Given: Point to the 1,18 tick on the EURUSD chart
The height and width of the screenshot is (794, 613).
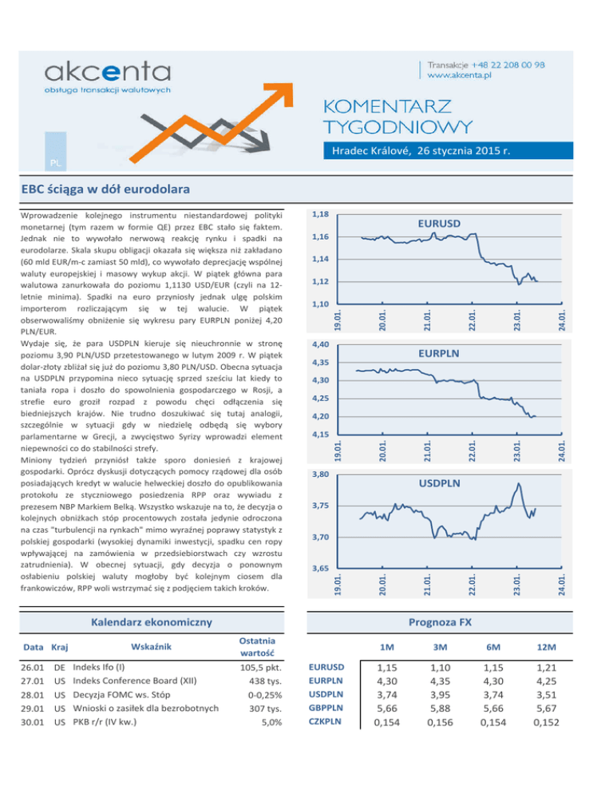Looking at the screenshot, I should point(319,215).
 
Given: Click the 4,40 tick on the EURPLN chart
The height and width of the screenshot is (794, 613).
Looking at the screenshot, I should point(319,344).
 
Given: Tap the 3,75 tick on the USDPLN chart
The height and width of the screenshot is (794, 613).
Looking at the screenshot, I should point(319,506).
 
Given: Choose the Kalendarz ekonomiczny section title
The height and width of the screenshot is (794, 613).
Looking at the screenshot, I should point(150,621).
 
